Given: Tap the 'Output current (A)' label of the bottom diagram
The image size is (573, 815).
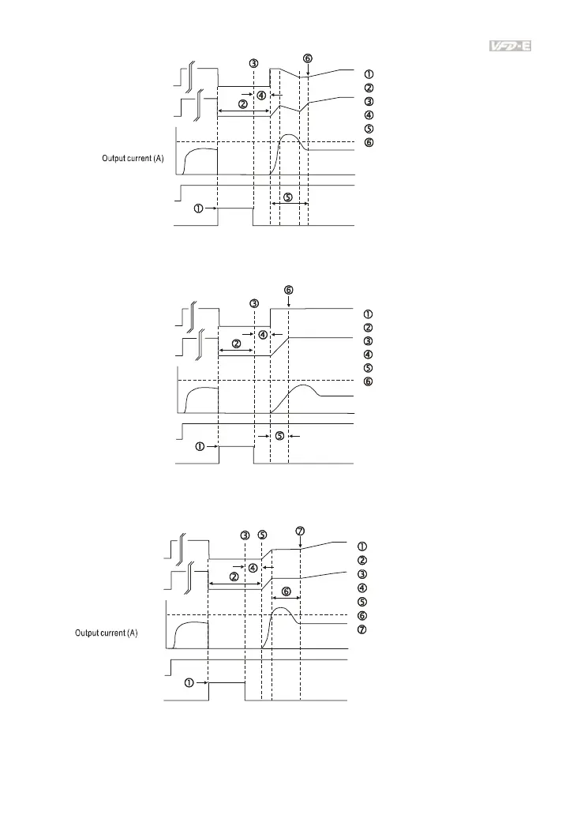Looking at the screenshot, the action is tap(107, 633).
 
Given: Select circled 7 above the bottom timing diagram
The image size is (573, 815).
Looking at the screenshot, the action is tap(300, 530).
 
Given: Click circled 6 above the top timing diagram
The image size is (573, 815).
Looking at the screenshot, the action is tap(307, 58).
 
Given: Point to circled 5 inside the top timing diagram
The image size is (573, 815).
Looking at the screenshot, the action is tap(287, 197).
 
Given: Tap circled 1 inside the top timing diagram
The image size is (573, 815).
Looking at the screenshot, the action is tap(198, 208).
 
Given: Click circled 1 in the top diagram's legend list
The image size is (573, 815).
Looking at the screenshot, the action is tap(369, 73).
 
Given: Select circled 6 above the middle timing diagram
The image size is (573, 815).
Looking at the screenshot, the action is tap(289, 290).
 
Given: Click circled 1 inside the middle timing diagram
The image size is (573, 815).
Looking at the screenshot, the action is tap(200, 446).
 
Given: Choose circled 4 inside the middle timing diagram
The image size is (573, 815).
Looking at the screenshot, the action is tap(263, 334).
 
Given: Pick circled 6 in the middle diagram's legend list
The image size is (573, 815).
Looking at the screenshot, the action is tap(369, 381).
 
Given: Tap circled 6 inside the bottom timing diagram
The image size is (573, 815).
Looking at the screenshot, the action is tap(286, 591).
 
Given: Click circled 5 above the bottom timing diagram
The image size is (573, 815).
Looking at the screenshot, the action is tap(262, 535).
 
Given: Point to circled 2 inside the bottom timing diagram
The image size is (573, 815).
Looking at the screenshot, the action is tap(234, 577).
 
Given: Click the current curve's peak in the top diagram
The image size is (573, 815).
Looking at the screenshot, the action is tap(290, 135).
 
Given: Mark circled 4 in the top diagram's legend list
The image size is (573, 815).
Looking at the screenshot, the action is tap(369, 115).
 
